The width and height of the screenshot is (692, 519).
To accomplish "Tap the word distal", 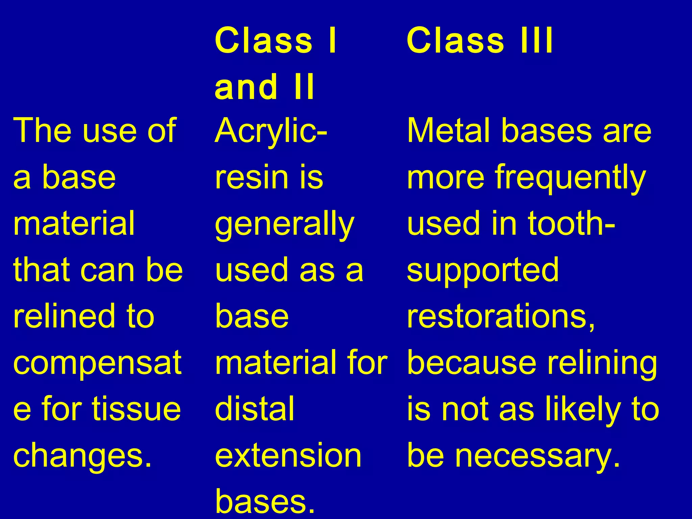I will coord(254,409).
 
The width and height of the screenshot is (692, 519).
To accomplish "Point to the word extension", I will coord(288,455).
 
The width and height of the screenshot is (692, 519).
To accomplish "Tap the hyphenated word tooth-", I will coord(571,223).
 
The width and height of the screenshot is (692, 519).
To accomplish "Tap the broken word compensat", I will coord(97,364).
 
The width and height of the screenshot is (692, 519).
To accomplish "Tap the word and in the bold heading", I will coord(246,87).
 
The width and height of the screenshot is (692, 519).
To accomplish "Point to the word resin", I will coord(251,177).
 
